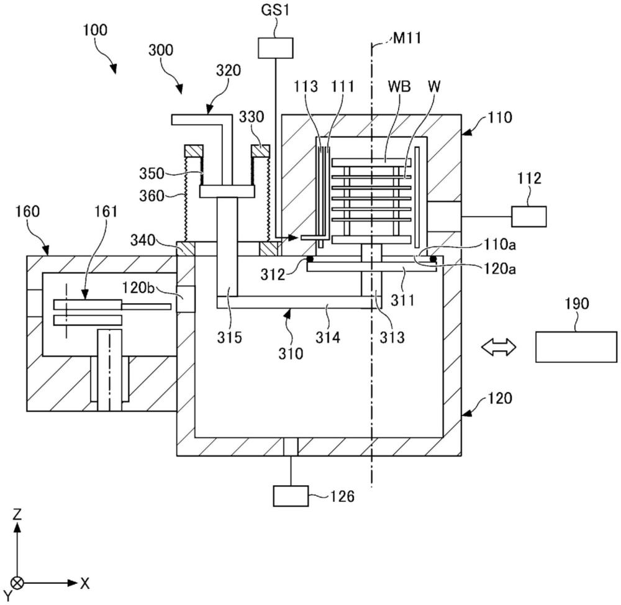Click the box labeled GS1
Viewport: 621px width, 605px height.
click(x=275, y=48)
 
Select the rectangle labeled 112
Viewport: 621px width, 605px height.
click(x=528, y=216)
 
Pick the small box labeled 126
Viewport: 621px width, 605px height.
click(x=291, y=496)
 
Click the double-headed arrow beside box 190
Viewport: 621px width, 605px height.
click(x=500, y=347)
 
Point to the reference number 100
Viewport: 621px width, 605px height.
click(x=94, y=30)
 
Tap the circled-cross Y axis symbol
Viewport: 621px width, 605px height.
click(x=18, y=583)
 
